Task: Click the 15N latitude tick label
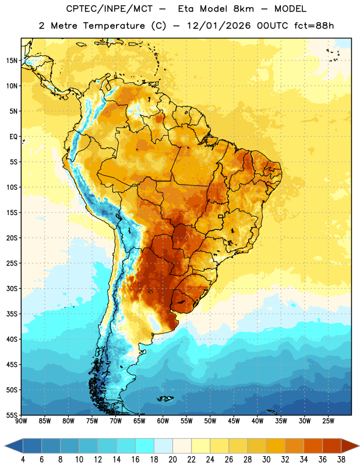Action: pos(12,61)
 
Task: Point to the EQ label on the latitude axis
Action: pos(13,137)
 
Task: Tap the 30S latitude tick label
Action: pos(12,288)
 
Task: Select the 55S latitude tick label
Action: pos(12,415)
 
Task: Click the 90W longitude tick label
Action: pos(21,421)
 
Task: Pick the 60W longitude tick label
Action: pos(163,421)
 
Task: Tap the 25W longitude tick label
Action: pos(328,421)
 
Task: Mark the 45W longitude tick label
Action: pos(234,421)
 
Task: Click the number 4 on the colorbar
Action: pos(23,460)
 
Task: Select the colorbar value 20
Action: pos(172,460)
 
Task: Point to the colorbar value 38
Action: pos(341,460)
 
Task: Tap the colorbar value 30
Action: pos(266,460)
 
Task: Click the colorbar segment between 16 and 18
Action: pos(144,446)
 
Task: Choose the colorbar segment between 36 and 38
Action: pos(332,446)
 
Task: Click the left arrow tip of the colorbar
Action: pos(5,446)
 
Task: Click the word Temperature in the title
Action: pos(114,26)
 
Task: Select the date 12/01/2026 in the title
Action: pos(219,26)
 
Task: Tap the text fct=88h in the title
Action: pos(314,26)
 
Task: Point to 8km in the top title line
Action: pos(243,9)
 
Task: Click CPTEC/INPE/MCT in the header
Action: pos(110,9)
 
